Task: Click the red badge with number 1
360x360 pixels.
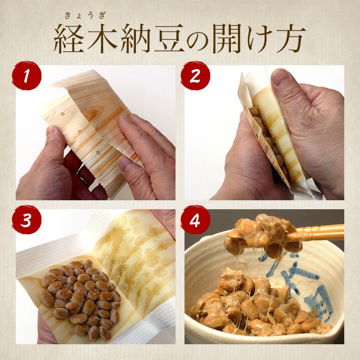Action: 27,76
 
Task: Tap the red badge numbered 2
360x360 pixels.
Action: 195,76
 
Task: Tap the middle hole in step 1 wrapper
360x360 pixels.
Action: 80,132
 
